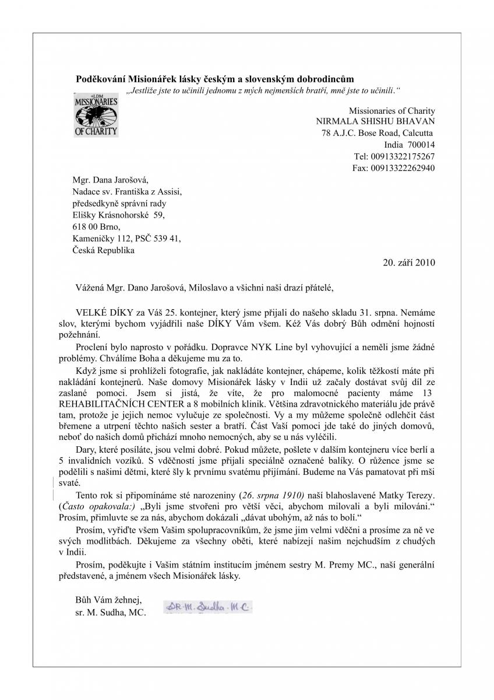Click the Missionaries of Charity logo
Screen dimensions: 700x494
[x=96, y=114]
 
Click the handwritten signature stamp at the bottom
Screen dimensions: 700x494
[x=208, y=608]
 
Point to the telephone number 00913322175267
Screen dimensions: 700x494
[x=403, y=156]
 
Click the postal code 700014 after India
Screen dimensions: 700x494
[x=421, y=145]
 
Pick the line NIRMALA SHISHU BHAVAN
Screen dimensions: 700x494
[x=375, y=121]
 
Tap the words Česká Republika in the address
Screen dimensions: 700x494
[x=103, y=250]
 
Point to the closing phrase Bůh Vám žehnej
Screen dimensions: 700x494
[x=108, y=599]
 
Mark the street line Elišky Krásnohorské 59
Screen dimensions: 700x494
[x=118, y=215]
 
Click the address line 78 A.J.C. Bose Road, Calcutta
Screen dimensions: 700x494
[x=378, y=133]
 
